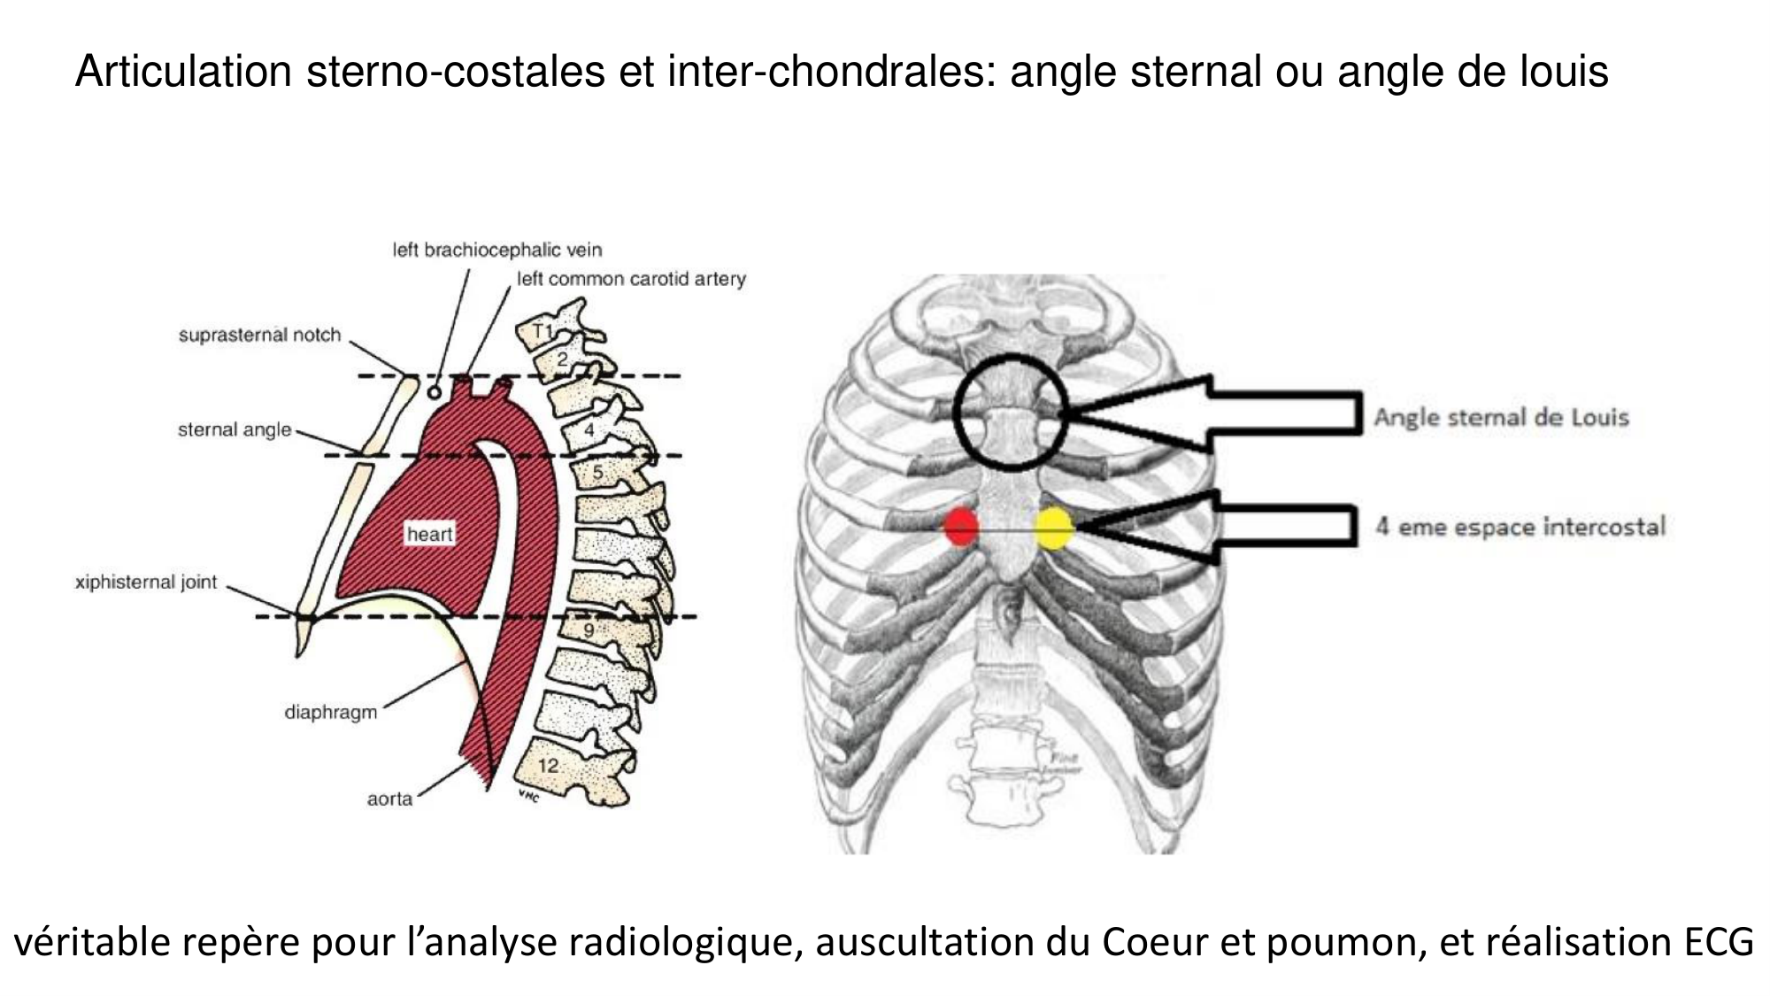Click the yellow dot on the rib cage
click(1054, 528)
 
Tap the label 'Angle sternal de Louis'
click(1501, 417)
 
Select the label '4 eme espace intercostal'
click(1520, 527)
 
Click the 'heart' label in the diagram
click(429, 534)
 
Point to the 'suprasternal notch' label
click(259, 335)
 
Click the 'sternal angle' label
click(235, 429)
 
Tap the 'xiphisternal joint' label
click(146, 582)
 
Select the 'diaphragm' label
click(330, 712)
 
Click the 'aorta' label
click(389, 799)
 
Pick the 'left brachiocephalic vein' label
click(496, 250)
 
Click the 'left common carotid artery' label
click(631, 279)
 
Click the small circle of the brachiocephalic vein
click(434, 391)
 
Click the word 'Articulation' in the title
click(183, 71)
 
